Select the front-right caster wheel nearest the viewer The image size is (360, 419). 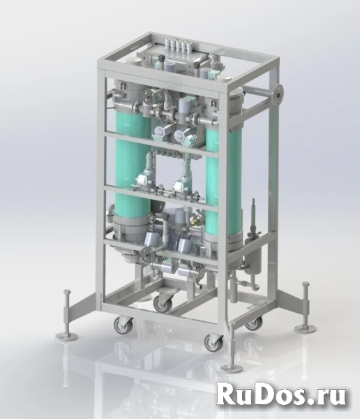click(x=214, y=344)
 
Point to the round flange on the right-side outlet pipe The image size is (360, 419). click(x=279, y=94)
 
